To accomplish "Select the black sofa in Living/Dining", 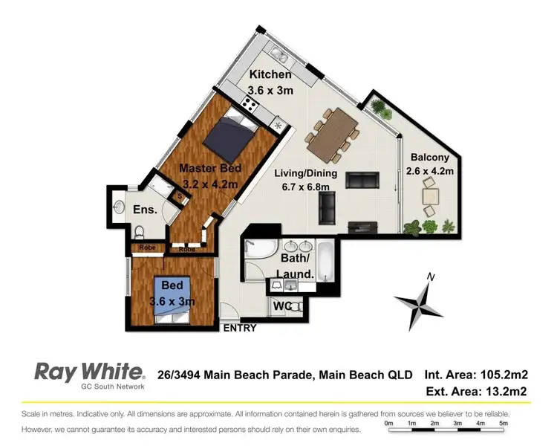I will click(x=363, y=180).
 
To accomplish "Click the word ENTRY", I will click(x=239, y=328).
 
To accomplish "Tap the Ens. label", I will click(x=144, y=210).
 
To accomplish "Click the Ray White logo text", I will click(x=88, y=372).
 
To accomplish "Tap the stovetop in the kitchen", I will click(x=250, y=106).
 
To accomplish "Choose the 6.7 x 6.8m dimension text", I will click(x=305, y=187).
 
